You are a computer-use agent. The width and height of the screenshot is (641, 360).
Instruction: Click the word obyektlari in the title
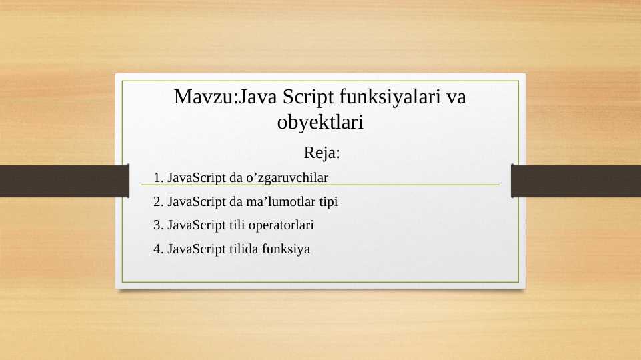point(319,123)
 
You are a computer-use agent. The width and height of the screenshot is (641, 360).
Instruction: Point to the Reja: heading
point(322,153)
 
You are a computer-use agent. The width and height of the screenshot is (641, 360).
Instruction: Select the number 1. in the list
point(158,178)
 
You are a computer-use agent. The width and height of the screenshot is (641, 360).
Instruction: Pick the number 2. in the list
point(158,201)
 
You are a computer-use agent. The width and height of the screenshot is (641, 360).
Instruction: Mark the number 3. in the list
point(158,225)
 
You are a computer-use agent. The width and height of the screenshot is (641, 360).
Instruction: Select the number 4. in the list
point(158,249)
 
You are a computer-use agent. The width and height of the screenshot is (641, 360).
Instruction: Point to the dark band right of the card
point(576,181)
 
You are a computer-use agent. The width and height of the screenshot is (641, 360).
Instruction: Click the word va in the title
point(456,97)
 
